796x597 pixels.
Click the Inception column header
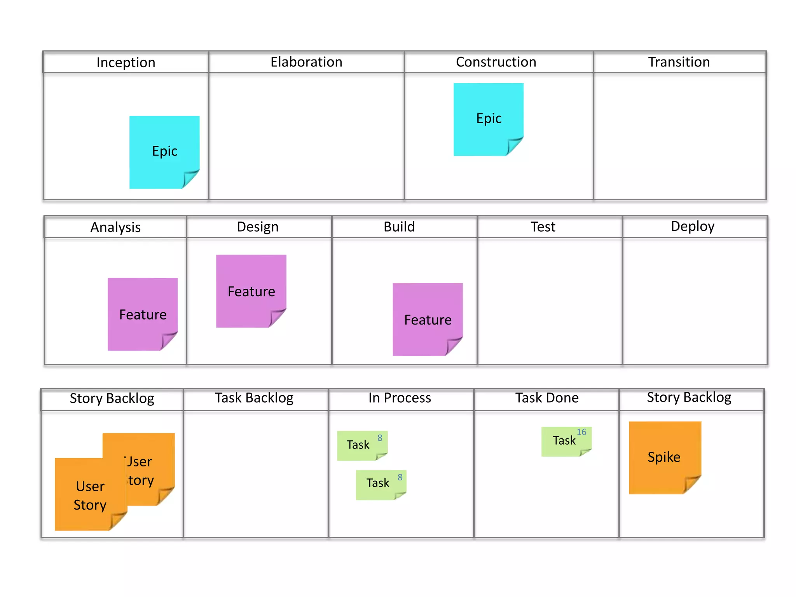tap(126, 62)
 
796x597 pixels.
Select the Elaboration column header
tap(306, 62)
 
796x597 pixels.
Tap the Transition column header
tap(679, 62)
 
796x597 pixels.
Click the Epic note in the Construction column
tap(489, 118)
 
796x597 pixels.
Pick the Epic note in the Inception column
tap(164, 151)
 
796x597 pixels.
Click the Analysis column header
tap(115, 227)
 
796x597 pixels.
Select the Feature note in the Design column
tap(251, 291)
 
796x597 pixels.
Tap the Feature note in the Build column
tap(428, 319)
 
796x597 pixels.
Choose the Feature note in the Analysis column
tap(143, 314)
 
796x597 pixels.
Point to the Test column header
tap(543, 227)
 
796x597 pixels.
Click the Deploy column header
tap(693, 226)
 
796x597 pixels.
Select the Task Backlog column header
tap(254, 398)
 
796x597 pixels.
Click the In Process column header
tap(400, 398)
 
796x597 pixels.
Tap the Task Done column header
tap(547, 398)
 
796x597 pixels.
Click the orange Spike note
tap(664, 457)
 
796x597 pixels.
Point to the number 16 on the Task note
tap(581, 432)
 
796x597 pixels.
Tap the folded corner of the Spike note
tap(692, 484)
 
